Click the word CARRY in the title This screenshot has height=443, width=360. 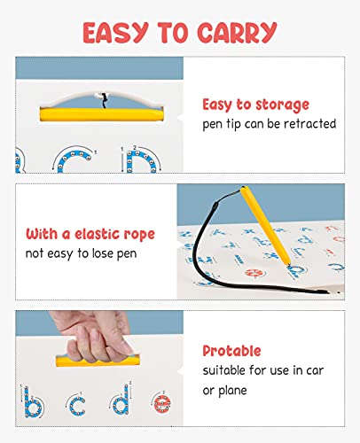237,32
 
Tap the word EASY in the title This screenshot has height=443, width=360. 115,33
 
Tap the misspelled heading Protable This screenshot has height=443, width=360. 231,351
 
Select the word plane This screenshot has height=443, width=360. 232,391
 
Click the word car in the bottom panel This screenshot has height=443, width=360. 315,370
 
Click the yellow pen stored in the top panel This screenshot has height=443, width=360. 101,114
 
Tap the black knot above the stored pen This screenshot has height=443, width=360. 104,100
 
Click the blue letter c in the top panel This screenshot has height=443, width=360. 74,162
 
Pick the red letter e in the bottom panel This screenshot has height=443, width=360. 162,403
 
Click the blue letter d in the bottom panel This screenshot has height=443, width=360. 121,400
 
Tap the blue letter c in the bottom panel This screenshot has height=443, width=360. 77,405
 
